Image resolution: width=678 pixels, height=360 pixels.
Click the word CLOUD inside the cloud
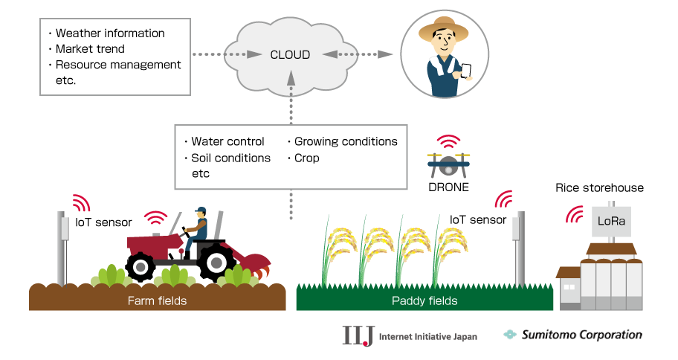(x=290, y=54)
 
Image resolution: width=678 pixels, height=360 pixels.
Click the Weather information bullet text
(x=110, y=33)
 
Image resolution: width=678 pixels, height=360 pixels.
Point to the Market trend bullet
(x=90, y=49)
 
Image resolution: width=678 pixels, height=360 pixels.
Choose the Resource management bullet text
(x=118, y=65)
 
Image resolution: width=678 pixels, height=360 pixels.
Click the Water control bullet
(x=227, y=141)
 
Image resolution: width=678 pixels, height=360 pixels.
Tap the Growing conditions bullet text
(x=346, y=141)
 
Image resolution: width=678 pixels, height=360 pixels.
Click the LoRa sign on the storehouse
(x=611, y=221)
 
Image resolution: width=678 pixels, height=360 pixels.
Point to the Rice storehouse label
(x=599, y=187)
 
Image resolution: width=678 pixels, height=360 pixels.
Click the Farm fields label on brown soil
(x=157, y=300)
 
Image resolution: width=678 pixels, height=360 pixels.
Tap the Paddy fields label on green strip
(x=424, y=300)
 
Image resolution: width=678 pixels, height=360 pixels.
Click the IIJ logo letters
(x=357, y=335)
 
